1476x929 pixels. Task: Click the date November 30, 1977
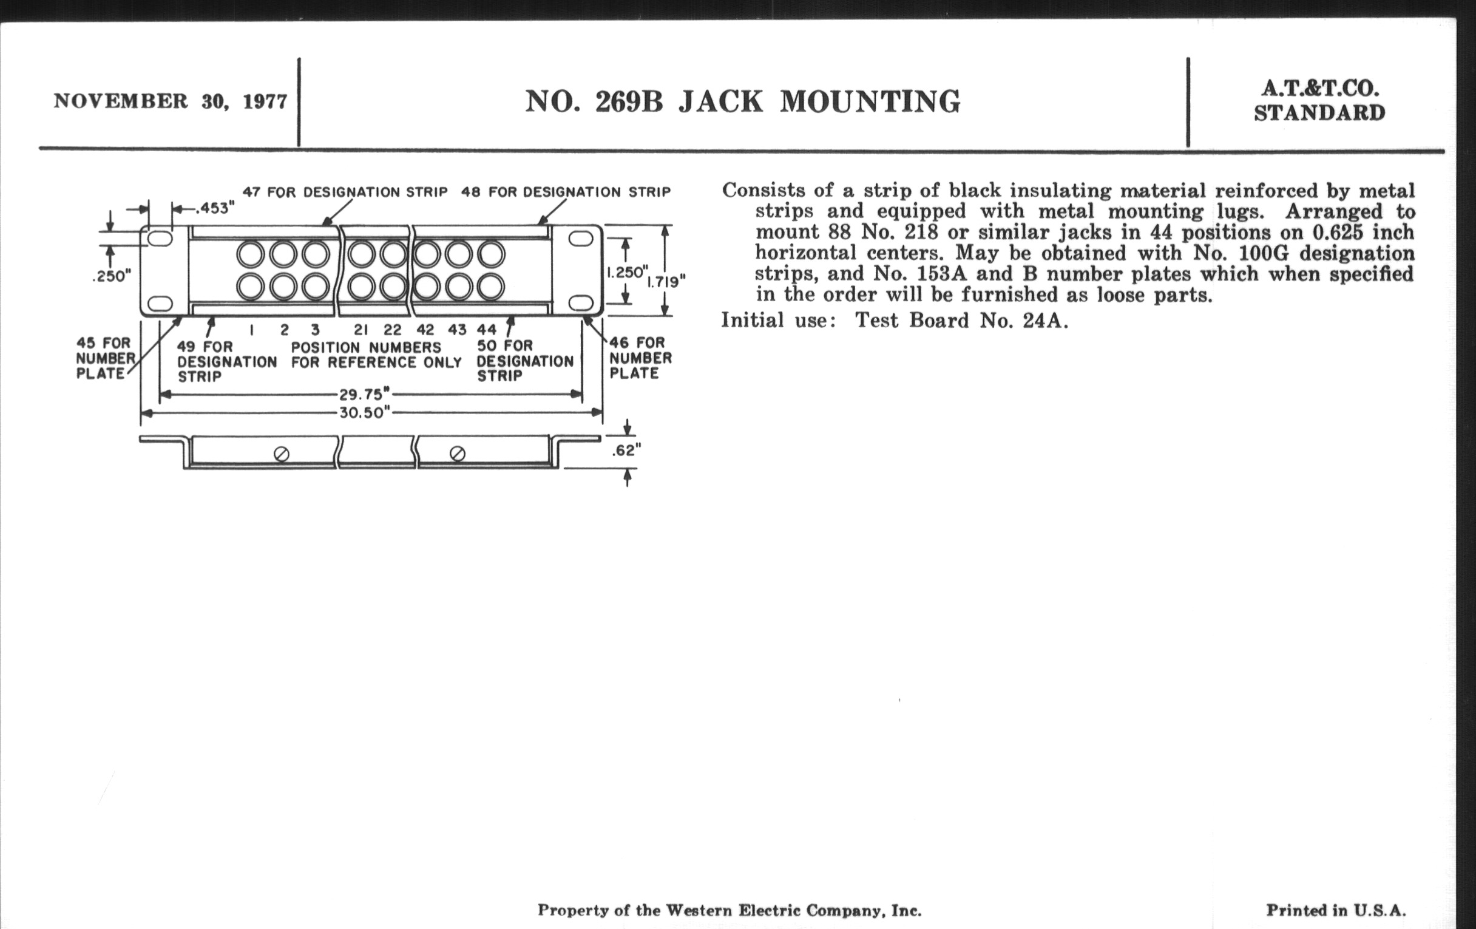coord(171,101)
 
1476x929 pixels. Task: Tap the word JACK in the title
coord(720,102)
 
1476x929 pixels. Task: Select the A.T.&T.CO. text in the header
coord(1319,89)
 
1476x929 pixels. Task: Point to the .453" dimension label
coord(214,208)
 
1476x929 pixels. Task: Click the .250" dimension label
coord(112,276)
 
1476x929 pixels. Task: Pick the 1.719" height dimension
coord(666,282)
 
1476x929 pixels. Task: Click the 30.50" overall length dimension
coord(365,413)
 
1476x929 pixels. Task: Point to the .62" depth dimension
coord(626,451)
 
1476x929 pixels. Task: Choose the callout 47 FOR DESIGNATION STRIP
coord(345,192)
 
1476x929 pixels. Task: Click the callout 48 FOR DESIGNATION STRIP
coord(566,192)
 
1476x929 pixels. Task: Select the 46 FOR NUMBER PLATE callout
coord(640,358)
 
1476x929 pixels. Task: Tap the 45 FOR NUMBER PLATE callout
coord(104,358)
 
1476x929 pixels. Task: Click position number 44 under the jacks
coord(487,330)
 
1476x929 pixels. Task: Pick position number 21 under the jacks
coord(361,330)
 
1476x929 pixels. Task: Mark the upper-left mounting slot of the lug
coord(160,239)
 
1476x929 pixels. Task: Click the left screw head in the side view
coord(282,454)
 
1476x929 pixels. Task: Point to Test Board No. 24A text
coord(961,320)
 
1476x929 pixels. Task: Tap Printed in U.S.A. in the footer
coord(1336,911)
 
